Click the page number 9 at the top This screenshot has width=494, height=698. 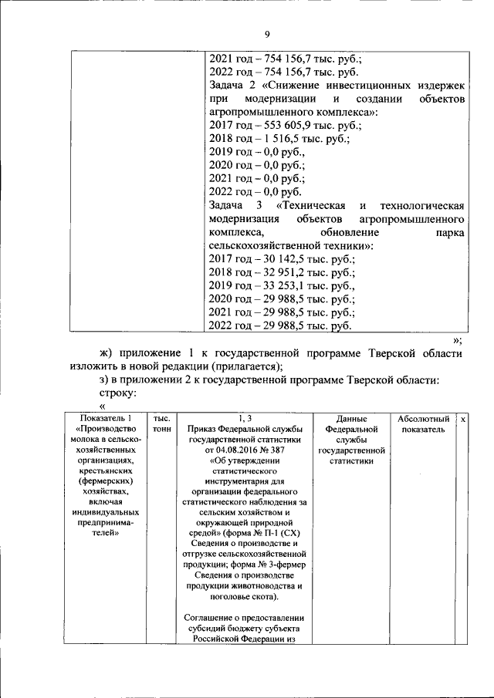(267, 35)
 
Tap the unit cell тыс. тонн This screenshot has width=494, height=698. (162, 423)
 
